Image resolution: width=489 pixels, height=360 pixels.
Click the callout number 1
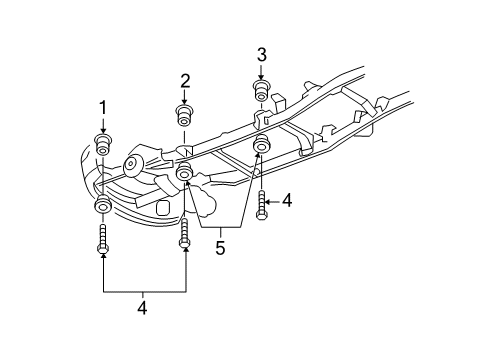(x=101, y=108)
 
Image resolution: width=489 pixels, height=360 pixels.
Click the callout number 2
(x=185, y=81)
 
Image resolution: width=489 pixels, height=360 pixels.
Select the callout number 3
(x=262, y=54)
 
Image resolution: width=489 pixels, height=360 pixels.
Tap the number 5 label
(x=220, y=247)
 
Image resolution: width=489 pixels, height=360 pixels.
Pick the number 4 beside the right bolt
(x=287, y=201)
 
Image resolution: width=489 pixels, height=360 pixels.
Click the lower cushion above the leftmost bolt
(x=103, y=207)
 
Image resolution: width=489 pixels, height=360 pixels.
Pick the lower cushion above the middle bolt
(x=185, y=177)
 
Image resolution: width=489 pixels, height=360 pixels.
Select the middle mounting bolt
(x=185, y=229)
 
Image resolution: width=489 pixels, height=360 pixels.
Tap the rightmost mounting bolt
(x=261, y=204)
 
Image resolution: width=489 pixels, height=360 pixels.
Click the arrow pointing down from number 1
(x=101, y=124)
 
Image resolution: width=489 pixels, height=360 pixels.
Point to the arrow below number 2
(x=185, y=97)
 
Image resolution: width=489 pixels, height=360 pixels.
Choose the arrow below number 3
(x=262, y=71)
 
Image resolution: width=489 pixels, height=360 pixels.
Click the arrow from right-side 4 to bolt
(x=273, y=201)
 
